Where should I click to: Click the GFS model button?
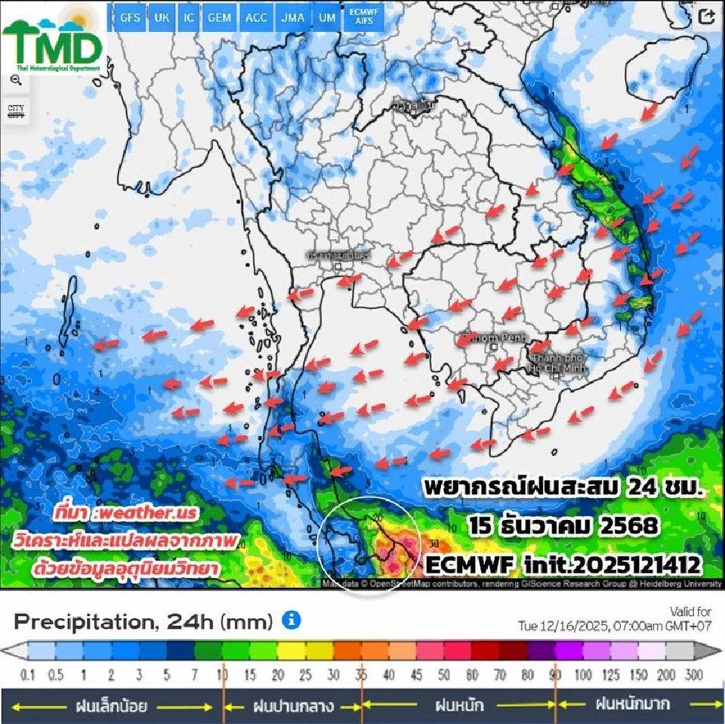(x=130, y=17)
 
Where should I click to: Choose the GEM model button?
(x=220, y=17)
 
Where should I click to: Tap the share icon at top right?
(x=707, y=17)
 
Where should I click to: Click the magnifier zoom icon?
(x=16, y=79)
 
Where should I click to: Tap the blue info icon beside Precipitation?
(x=292, y=620)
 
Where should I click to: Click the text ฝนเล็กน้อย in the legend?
(x=111, y=707)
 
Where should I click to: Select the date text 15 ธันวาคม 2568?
(x=563, y=524)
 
